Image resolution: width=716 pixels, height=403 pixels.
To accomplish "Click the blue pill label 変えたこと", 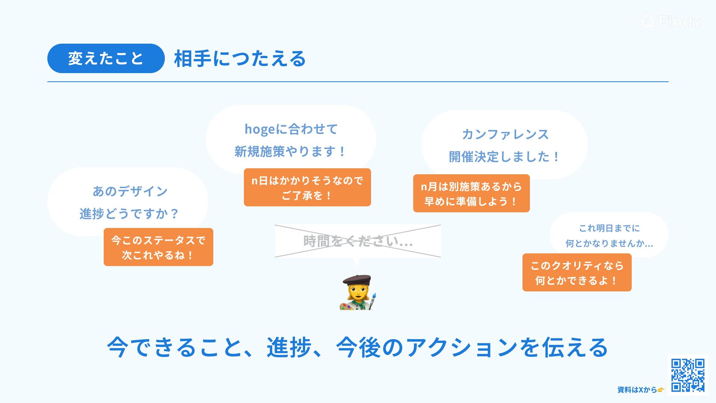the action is pos(106,59).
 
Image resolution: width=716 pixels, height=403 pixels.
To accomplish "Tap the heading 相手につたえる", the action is pos(240,59).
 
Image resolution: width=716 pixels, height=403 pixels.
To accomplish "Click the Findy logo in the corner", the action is pos(671,21).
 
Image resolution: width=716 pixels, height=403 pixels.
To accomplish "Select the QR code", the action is pos(688,375).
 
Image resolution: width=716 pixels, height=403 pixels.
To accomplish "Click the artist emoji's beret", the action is pos(357,280).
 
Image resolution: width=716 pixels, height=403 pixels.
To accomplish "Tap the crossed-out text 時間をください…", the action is pos(358,241).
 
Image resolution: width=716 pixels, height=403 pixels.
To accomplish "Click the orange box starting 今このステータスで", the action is pos(158,247).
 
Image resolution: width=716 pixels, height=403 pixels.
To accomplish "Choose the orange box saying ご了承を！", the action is pos(307,187).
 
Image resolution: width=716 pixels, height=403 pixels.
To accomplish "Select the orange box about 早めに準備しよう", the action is pos(471,193).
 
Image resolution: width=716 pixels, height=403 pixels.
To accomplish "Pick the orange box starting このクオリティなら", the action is pos(577,272).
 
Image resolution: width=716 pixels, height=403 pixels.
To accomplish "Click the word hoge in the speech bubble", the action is pos(260,129).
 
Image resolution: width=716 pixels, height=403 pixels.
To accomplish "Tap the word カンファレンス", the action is pos(505,134).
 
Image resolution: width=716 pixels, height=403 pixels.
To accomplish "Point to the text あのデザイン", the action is pos(130,191).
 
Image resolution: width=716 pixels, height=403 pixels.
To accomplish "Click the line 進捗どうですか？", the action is pos(129,214).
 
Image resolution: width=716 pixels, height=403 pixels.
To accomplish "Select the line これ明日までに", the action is pos(609,228).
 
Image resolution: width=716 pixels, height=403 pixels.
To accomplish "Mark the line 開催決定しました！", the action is pos(504,157).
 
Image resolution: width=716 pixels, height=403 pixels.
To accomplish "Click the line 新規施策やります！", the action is pos(291,152).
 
